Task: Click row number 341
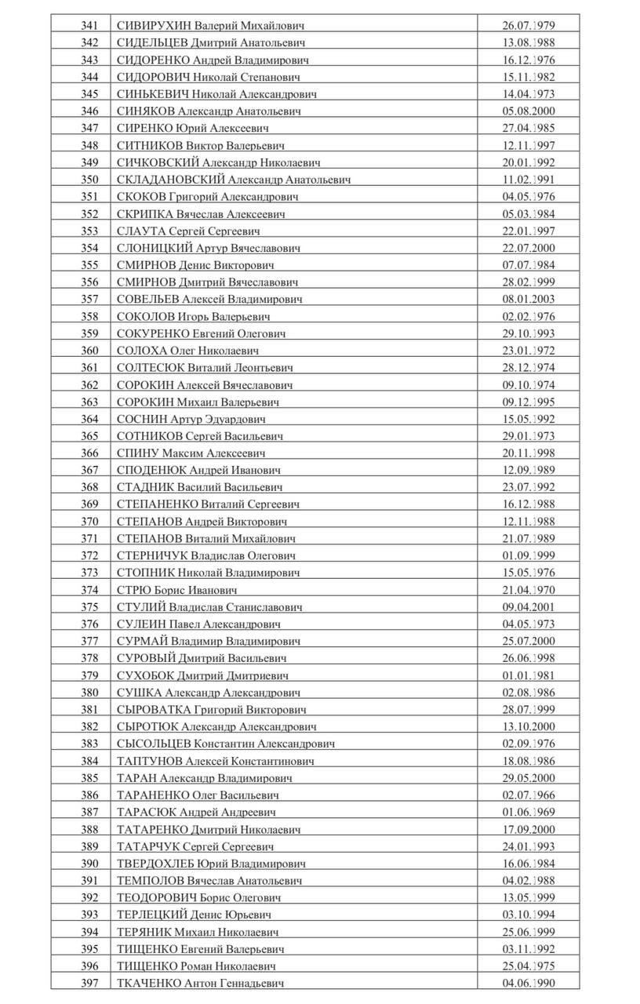89,26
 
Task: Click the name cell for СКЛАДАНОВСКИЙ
233,180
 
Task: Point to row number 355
89,265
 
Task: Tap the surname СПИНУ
137,453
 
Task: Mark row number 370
89,522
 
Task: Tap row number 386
89,795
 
